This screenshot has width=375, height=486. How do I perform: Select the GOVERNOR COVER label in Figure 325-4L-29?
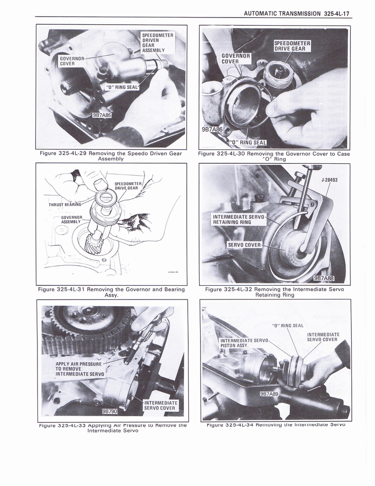[72, 61]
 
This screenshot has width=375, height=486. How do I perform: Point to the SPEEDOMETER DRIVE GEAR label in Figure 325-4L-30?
[292, 46]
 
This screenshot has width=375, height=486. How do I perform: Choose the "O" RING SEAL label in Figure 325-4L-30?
[248, 142]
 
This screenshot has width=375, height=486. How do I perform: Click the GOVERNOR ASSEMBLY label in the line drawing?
[73, 220]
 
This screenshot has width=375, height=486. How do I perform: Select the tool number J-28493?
[329, 180]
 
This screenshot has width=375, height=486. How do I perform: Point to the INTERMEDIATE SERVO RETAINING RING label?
[238, 219]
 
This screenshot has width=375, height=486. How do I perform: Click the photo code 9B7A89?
[269, 394]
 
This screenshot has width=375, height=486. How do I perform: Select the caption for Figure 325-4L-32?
[274, 292]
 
